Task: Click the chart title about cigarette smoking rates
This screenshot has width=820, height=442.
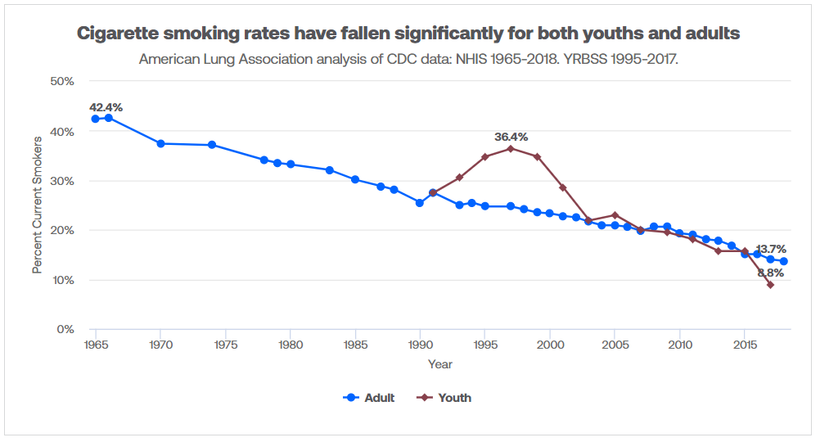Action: click(408, 34)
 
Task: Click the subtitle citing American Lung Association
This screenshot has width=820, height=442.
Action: click(408, 59)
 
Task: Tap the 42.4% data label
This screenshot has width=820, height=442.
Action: click(106, 107)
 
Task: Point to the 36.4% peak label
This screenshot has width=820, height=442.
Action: click(511, 137)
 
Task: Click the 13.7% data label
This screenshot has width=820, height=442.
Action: click(771, 249)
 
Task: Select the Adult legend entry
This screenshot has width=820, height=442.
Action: click(369, 398)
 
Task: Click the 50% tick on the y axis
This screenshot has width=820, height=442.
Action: click(63, 81)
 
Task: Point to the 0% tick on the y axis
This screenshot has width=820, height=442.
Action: click(66, 329)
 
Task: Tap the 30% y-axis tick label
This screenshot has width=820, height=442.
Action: click(63, 181)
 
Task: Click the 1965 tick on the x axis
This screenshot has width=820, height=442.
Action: click(96, 345)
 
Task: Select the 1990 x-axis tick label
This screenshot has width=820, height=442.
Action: click(420, 345)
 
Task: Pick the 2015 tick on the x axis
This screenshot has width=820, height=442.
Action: click(745, 345)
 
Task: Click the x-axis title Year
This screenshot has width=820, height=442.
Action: click(439, 364)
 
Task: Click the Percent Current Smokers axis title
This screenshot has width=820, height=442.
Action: click(37, 205)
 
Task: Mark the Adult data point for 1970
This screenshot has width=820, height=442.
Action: click(160, 143)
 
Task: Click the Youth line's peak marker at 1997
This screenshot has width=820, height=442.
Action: click(511, 148)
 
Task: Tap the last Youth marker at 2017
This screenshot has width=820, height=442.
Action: click(770, 285)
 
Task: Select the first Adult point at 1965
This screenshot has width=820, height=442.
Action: click(96, 119)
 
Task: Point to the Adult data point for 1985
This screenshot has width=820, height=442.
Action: click(355, 179)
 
